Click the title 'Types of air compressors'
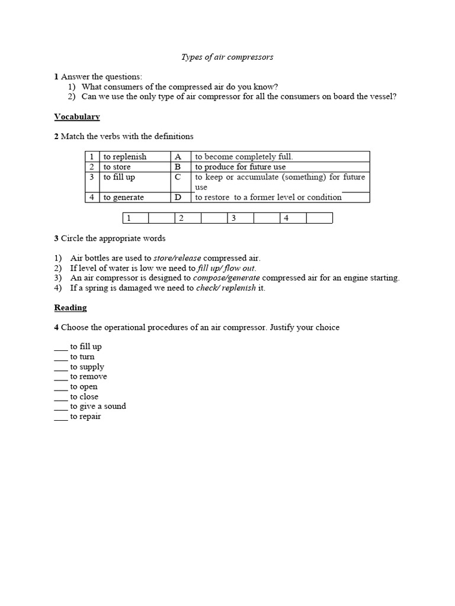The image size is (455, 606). point(227,57)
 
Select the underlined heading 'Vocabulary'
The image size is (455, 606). point(77,117)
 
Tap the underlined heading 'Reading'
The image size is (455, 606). point(71,308)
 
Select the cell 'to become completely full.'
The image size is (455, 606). point(243,157)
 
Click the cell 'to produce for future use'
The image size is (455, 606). point(240,167)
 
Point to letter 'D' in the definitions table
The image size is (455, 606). point(178,197)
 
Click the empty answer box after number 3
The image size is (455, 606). point(266,218)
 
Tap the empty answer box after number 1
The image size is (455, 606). point(161,218)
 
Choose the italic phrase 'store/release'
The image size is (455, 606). point(177,258)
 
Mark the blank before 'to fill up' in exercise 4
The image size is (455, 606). point(61,347)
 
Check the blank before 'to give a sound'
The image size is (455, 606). point(61,407)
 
